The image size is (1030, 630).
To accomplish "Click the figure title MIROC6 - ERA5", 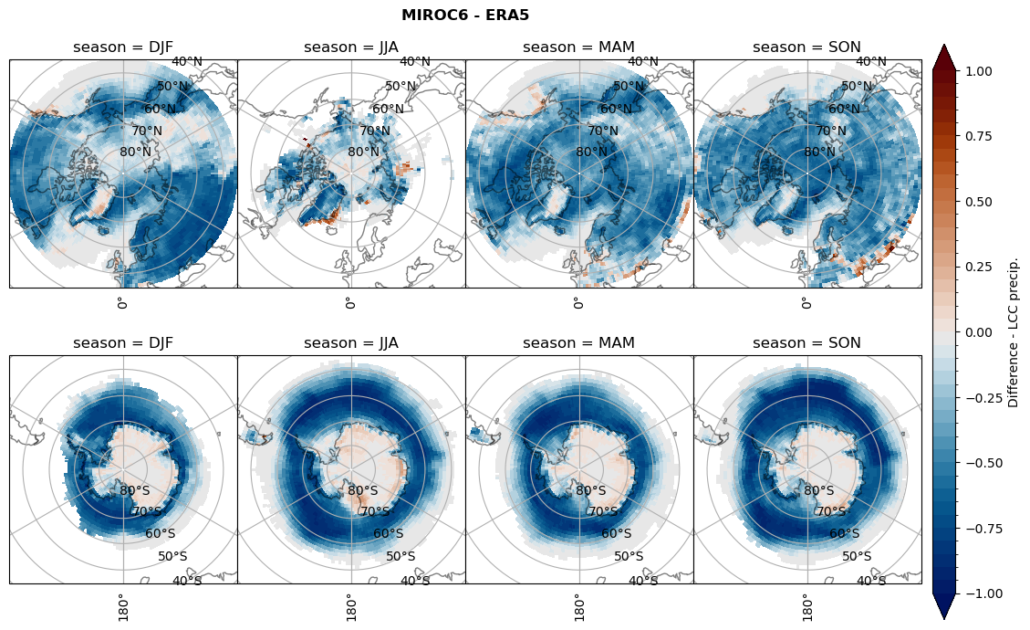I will point(465,15).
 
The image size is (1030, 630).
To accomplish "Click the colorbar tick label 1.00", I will point(981,71).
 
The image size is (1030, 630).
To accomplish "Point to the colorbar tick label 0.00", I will point(981,332).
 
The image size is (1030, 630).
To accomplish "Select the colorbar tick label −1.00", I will point(977,593).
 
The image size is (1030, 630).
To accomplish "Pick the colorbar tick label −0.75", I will point(977,529).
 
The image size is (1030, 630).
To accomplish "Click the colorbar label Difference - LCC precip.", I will point(1014,331).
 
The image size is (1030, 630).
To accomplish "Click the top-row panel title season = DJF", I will point(123,47).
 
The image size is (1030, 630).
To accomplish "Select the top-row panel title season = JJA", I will point(351,47).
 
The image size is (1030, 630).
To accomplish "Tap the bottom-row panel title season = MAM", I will point(579,343).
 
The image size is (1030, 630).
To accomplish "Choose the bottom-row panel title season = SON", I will point(807,343).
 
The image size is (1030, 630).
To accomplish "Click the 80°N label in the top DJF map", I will point(135,152).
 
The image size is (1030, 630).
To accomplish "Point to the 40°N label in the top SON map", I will point(871,62).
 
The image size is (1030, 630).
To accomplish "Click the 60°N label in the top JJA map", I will point(389,110).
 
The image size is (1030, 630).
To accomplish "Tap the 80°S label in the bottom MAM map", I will point(591,490).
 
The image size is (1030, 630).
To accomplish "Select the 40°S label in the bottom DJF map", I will point(188,581).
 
